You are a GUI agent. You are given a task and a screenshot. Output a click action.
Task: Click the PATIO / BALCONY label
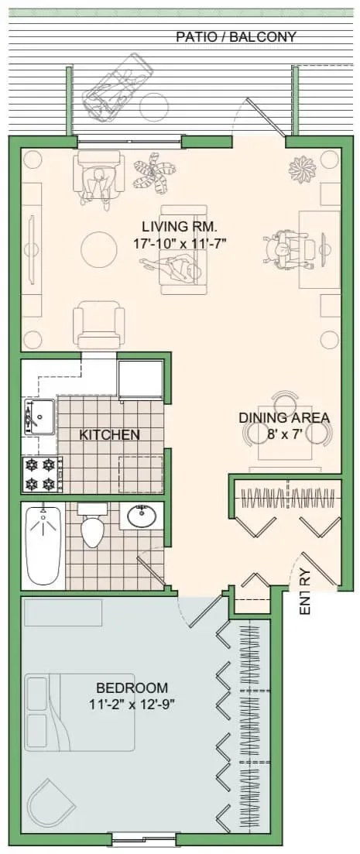236,37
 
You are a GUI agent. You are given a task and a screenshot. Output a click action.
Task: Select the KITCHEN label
109,434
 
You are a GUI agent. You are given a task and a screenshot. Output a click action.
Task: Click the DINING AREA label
284,418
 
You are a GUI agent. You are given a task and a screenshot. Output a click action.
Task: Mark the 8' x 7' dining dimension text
284,434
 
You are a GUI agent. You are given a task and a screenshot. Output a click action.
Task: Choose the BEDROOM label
132,688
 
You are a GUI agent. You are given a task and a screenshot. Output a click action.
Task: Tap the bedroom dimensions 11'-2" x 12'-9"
132,705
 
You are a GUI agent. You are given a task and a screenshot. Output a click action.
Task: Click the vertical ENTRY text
306,592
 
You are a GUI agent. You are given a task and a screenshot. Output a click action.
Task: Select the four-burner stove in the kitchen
40,474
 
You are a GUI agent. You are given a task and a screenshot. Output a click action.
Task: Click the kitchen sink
39,417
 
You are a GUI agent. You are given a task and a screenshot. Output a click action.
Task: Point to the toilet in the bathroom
92,525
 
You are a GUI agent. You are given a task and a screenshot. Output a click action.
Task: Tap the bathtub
43,545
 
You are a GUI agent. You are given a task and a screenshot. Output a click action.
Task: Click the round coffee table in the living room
98,250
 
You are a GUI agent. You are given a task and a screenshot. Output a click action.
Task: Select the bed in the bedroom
79,712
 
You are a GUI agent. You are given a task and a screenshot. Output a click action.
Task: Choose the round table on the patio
154,106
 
